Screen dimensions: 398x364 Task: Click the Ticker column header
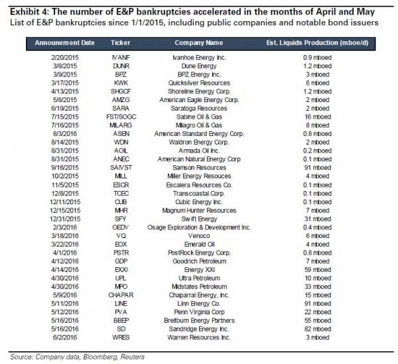[121, 42]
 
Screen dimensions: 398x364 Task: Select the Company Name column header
[199, 42]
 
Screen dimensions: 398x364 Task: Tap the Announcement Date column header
[65, 42]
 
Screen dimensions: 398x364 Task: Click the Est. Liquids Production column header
[317, 42]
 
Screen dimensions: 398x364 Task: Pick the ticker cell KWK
[121, 83]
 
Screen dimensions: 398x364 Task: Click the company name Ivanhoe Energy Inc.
[199, 58]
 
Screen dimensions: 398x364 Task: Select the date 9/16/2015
[65, 168]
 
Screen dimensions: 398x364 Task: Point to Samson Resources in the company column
[199, 168]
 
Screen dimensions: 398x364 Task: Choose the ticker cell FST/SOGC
[121, 117]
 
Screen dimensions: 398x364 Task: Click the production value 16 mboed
[318, 117]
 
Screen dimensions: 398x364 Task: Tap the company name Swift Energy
[199, 219]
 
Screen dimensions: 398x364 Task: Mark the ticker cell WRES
[121, 337]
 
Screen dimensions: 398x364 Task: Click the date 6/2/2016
[65, 337]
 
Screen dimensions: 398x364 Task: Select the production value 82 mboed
[318, 329]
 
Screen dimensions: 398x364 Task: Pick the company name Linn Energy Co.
[199, 304]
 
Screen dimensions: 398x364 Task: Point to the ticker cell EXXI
[121, 270]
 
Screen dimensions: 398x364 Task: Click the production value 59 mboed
[318, 270]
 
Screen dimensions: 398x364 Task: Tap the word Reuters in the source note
[132, 357]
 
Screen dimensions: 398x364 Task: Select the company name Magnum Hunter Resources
[199, 211]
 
